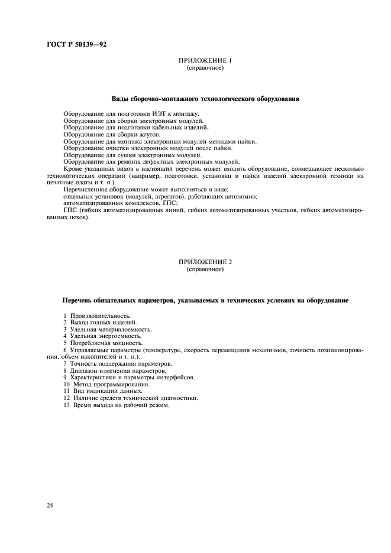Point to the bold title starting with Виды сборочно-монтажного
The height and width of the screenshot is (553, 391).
pos(205,99)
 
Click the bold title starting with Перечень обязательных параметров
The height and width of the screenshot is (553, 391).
pos(205,300)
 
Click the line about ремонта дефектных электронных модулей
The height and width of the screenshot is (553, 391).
pos(151,161)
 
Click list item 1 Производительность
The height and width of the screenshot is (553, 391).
pos(96,315)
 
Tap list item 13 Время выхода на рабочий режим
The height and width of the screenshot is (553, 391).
pos(115,405)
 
